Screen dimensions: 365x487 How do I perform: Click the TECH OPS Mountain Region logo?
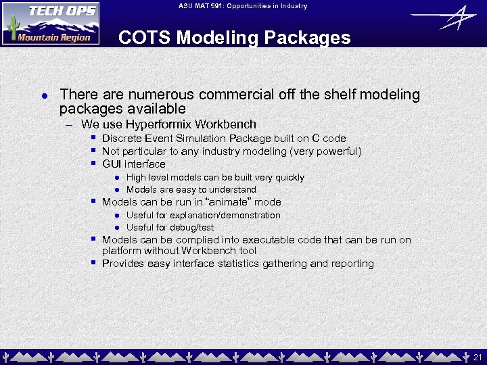point(51,23)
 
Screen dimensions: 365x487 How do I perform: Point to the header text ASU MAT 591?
point(203,6)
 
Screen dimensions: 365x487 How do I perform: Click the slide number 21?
point(478,357)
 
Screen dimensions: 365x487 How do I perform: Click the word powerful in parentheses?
point(337,151)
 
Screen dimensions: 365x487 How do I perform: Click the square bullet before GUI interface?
point(93,164)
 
